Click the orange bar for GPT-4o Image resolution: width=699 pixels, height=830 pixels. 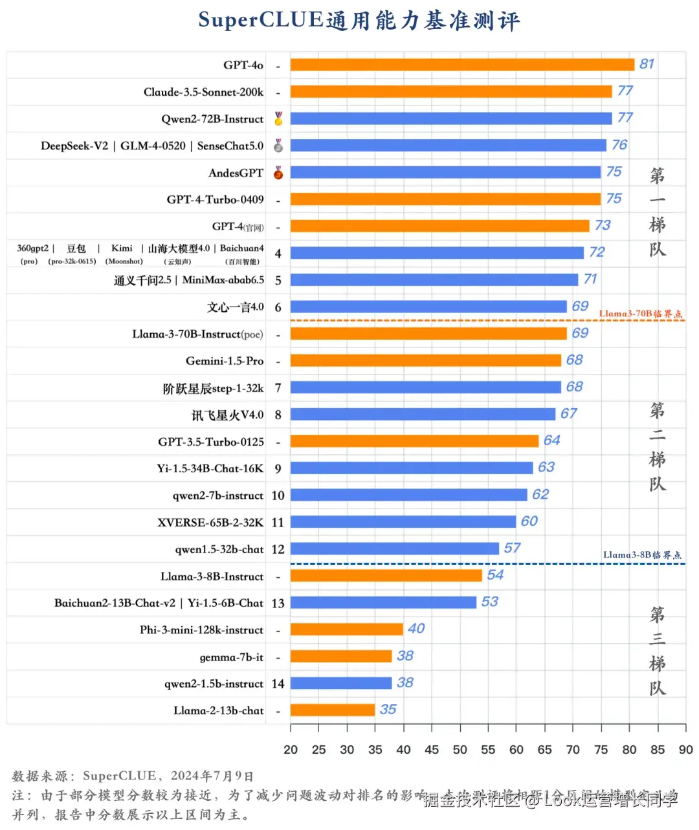(x=462, y=65)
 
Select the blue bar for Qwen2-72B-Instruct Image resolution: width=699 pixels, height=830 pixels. (x=451, y=118)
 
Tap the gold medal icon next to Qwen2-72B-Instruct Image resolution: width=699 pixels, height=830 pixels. (x=278, y=118)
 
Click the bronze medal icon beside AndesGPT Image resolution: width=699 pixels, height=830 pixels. (x=278, y=173)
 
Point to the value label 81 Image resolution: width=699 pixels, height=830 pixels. (x=647, y=64)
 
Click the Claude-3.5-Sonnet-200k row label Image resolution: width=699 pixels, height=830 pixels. (x=203, y=92)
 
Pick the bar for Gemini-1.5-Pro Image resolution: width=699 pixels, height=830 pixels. (x=425, y=360)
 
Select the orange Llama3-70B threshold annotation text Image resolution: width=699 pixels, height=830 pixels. (x=640, y=314)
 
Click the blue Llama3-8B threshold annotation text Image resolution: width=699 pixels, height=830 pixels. (x=642, y=555)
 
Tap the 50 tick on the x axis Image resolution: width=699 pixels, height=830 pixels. (x=460, y=750)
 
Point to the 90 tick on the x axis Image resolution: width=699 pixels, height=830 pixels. (x=685, y=750)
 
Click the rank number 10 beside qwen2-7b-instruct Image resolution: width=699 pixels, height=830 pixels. (x=278, y=496)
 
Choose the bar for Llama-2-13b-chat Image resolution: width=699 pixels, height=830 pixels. (x=333, y=710)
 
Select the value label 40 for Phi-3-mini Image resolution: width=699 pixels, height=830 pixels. (x=416, y=629)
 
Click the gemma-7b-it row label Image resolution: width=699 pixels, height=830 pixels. (x=231, y=657)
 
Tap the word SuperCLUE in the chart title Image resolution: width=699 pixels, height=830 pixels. (x=260, y=20)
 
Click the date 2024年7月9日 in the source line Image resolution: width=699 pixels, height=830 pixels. (x=212, y=776)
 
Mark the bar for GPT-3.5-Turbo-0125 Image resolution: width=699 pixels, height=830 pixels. (x=414, y=441)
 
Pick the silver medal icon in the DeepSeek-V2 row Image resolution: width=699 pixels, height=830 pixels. (x=278, y=146)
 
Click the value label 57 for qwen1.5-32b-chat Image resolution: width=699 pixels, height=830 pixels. (x=512, y=549)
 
